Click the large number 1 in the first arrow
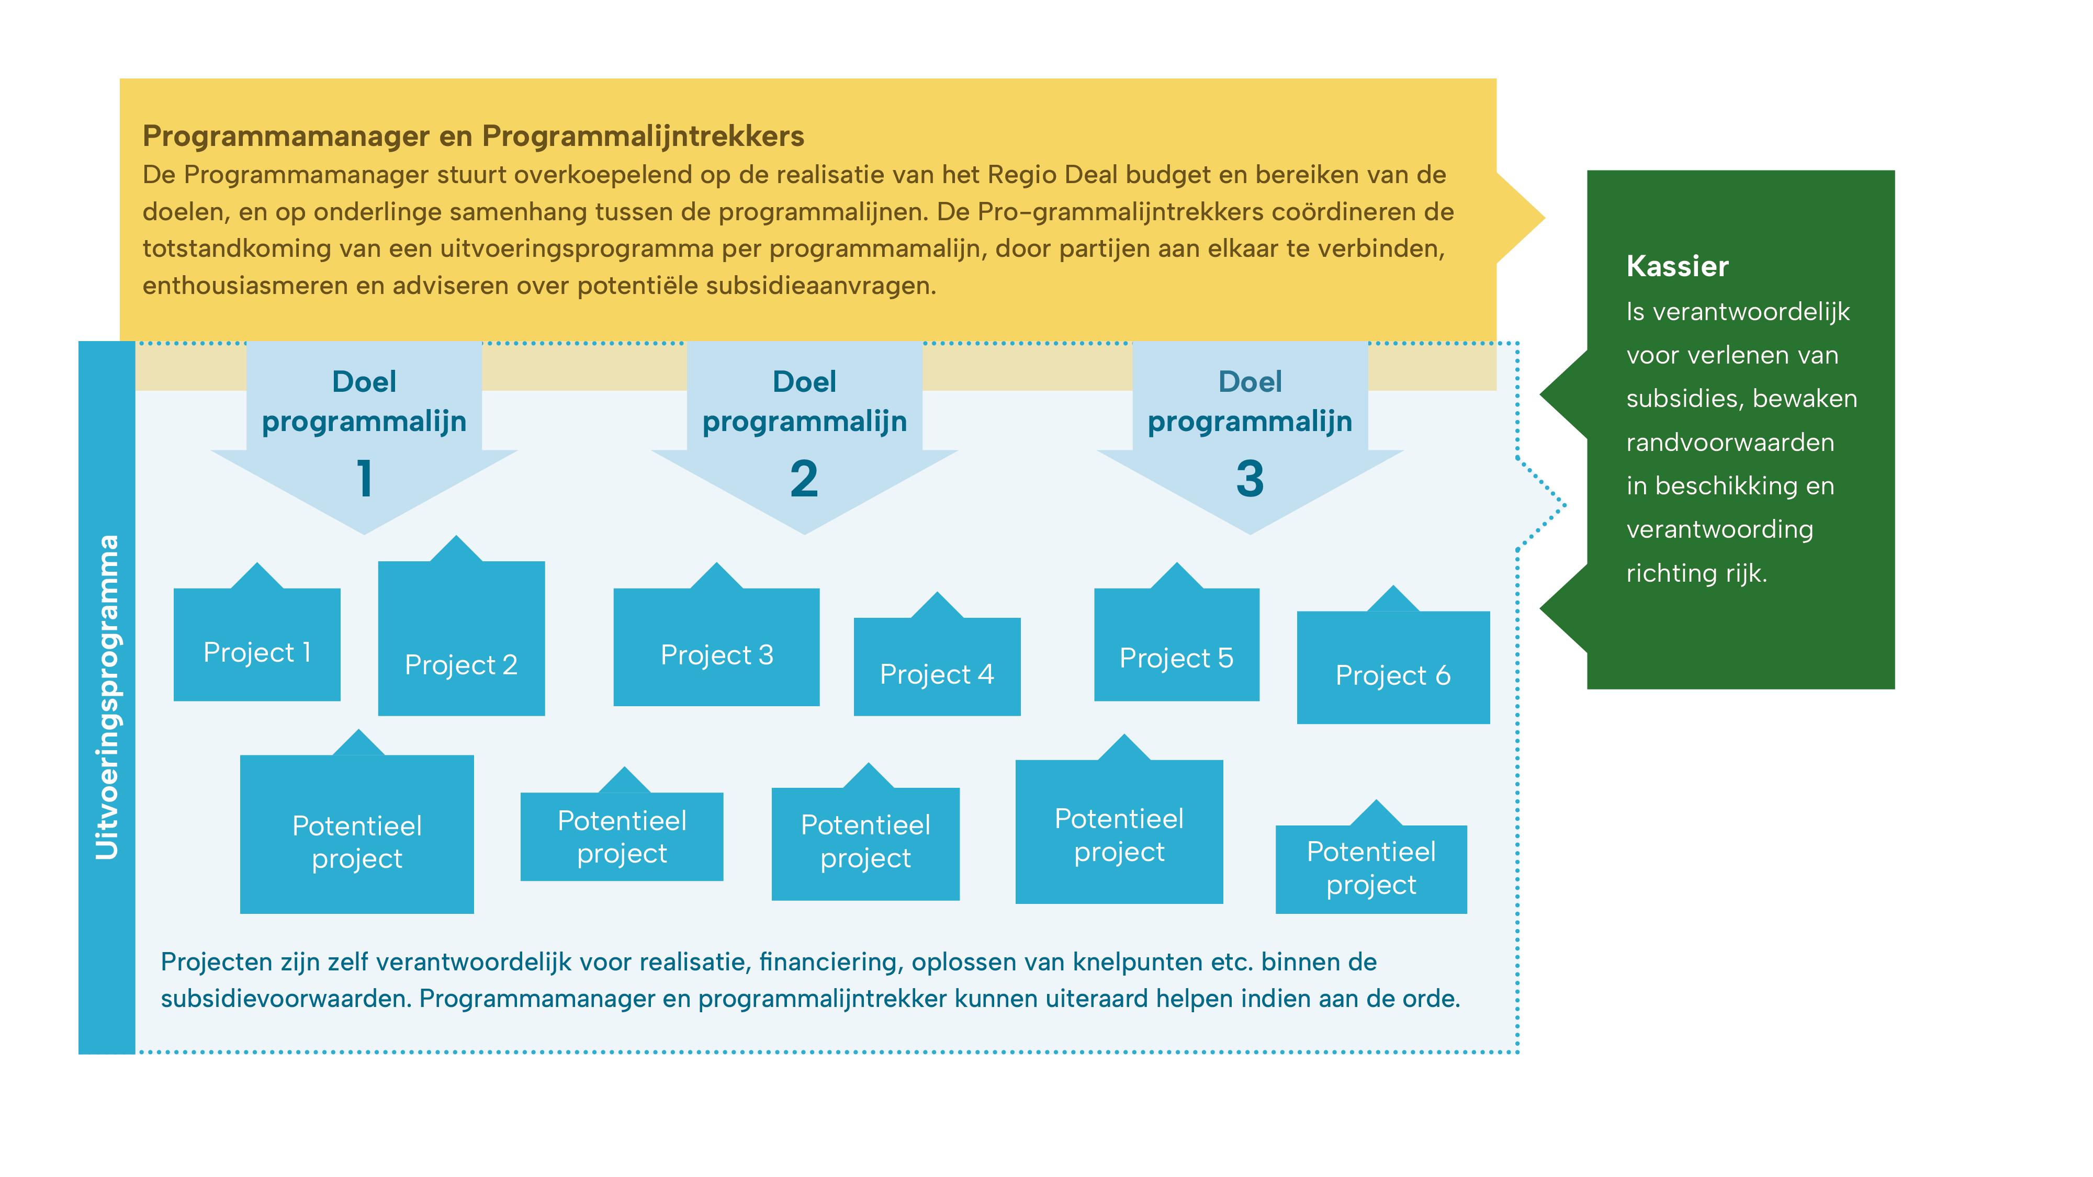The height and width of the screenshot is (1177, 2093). [x=365, y=479]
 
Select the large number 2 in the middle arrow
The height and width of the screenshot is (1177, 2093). [x=804, y=479]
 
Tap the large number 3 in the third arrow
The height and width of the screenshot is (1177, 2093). [x=1250, y=479]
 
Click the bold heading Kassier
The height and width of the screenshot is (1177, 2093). [x=1677, y=266]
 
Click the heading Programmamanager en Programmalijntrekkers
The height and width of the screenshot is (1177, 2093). [x=473, y=135]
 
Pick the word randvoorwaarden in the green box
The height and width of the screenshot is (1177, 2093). [x=1730, y=443]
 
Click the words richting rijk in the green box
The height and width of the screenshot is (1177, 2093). [x=1696, y=573]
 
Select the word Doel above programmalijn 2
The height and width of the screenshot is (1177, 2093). [x=804, y=382]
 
